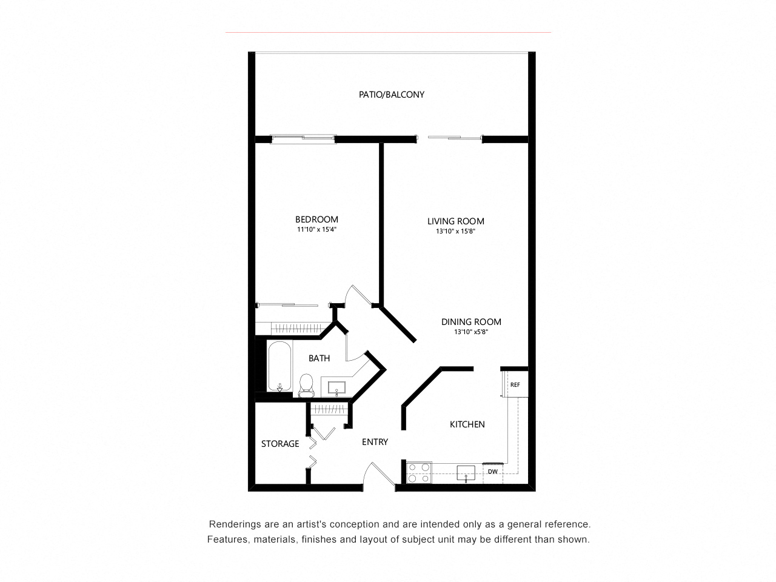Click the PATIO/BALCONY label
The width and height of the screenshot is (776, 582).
click(391, 95)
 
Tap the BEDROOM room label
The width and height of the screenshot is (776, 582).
click(316, 219)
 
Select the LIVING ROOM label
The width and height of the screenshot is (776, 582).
click(455, 221)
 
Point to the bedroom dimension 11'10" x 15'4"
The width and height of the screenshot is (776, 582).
click(316, 230)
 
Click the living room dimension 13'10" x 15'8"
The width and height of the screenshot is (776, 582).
click(455, 231)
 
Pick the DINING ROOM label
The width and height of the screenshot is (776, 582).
click(471, 322)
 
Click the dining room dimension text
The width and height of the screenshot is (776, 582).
click(471, 332)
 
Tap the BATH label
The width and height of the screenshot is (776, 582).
click(319, 358)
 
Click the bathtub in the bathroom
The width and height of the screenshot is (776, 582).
click(279, 367)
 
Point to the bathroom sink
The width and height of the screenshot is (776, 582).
click(336, 387)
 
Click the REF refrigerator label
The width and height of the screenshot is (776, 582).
click(515, 384)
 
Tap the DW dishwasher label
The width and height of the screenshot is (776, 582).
click(492, 471)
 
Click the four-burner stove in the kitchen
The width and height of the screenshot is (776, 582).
click(419, 472)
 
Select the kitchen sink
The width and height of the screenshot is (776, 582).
click(466, 472)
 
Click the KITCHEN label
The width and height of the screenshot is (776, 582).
click(467, 424)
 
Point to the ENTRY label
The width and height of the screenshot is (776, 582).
click(375, 442)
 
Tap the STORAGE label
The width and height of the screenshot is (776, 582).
click(280, 444)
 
